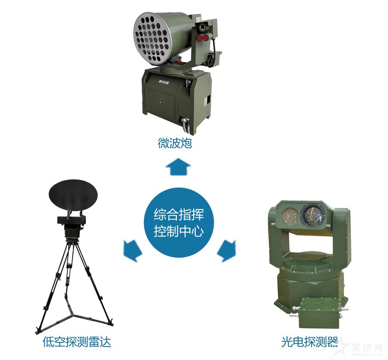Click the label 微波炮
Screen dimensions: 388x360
pos(175,143)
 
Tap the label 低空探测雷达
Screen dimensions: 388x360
pos(77,342)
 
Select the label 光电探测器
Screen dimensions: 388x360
pos(309,342)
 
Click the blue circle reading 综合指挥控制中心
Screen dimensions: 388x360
pos(178,222)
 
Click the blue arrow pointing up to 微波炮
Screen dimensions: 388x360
pos(178,167)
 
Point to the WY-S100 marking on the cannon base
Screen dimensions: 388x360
pos(164,82)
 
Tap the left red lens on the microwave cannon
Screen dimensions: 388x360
pos(199,38)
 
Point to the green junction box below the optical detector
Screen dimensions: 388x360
pos(319,313)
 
